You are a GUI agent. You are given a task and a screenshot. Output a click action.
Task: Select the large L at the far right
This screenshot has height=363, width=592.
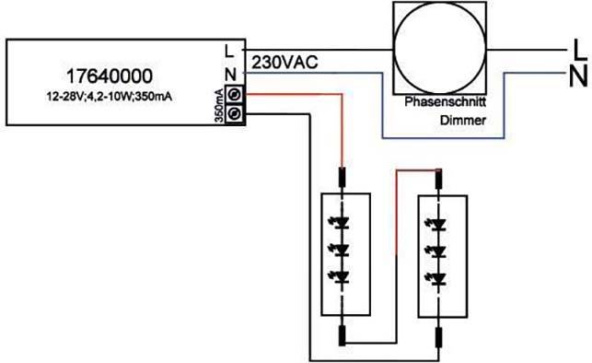[x=576, y=45]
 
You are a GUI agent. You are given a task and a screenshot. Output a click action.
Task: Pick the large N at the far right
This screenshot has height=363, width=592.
[x=577, y=75]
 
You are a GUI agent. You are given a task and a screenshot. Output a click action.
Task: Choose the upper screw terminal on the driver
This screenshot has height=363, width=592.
[x=235, y=94]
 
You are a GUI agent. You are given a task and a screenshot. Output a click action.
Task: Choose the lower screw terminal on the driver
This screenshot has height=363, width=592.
[x=235, y=112]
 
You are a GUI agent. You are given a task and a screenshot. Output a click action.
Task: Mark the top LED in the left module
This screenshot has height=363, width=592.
[x=343, y=222]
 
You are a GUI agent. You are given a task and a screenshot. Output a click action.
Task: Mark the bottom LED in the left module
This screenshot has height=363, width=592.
[x=343, y=277]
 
